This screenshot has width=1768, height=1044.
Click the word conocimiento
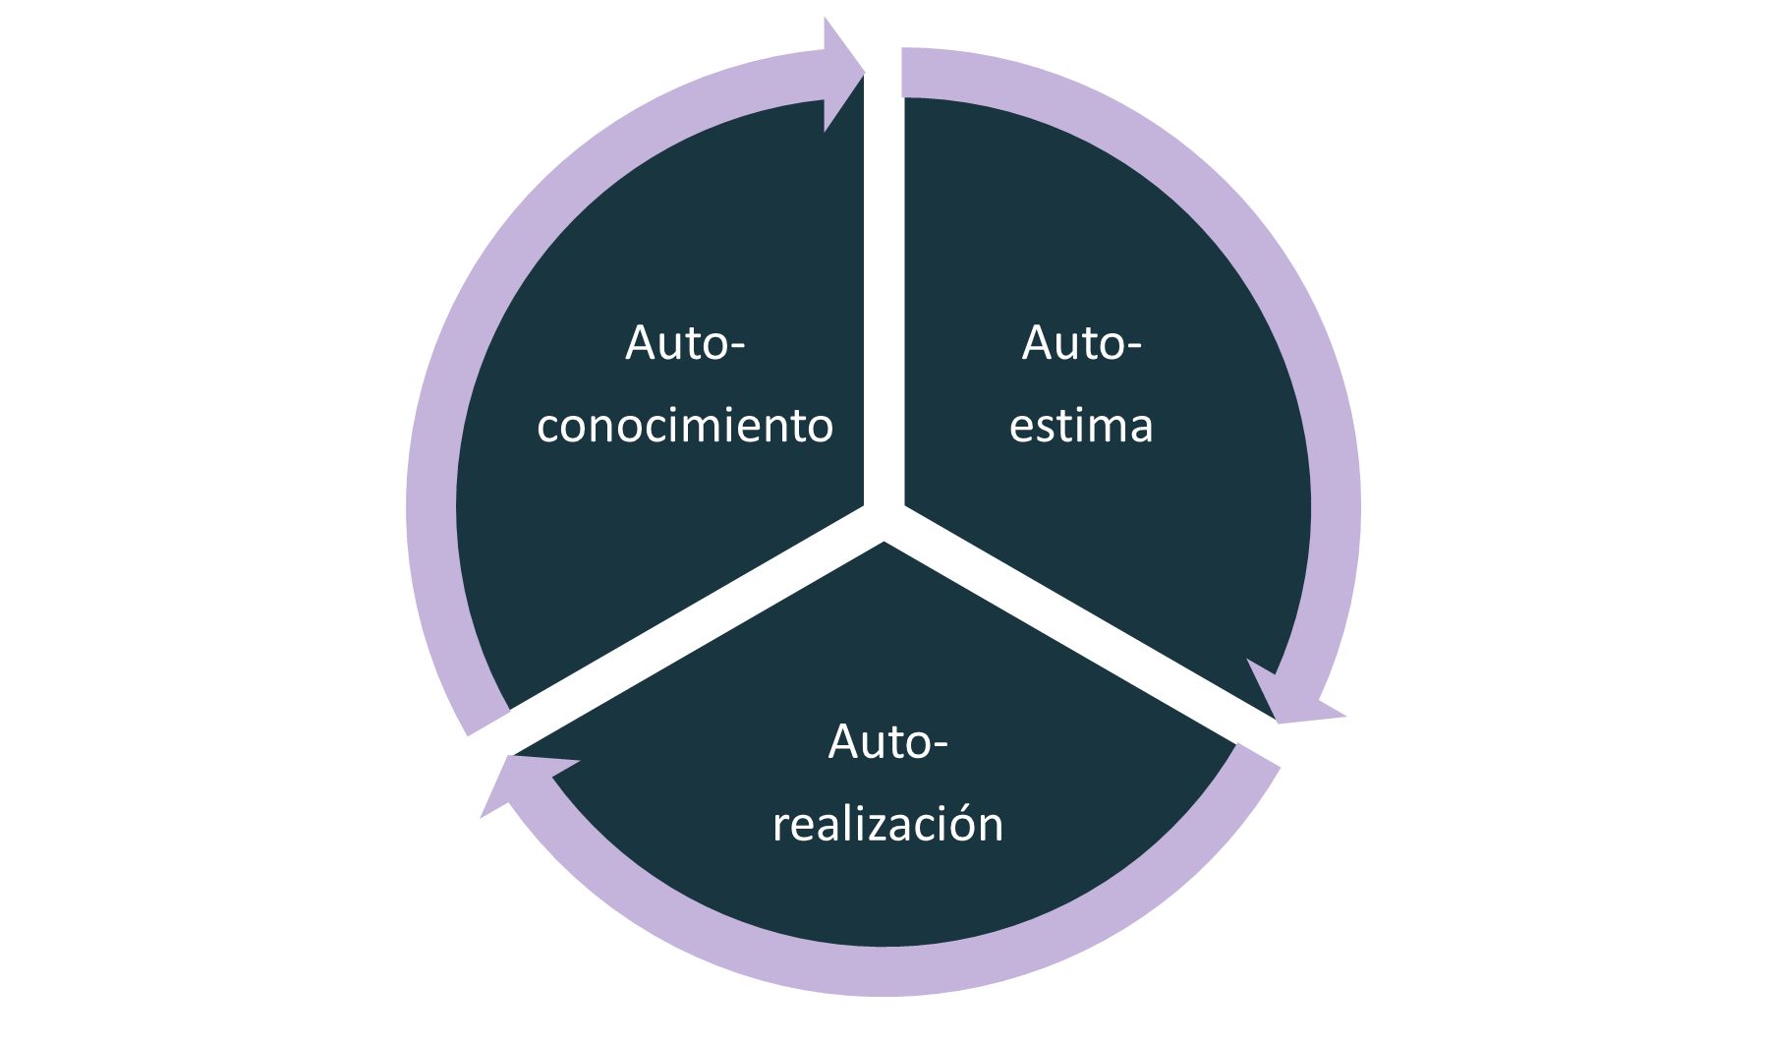click(x=685, y=427)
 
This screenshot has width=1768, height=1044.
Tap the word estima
click(x=1081, y=427)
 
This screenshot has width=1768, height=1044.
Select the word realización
click(x=887, y=824)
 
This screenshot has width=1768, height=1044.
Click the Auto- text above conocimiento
click(x=685, y=344)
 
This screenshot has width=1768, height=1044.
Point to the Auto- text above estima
click(x=1081, y=344)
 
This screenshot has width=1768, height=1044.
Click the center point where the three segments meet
click(x=884, y=521)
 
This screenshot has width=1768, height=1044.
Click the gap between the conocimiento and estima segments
click(x=884, y=295)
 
